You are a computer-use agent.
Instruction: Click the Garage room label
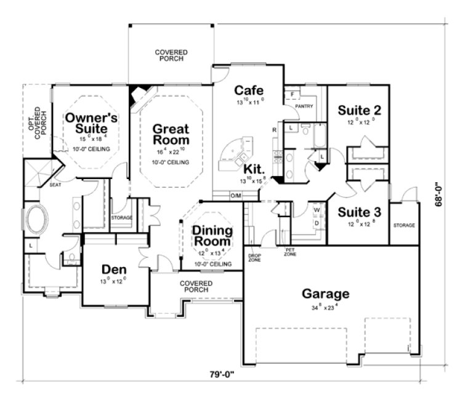coord(325,294)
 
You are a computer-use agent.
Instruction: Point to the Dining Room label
coord(212,236)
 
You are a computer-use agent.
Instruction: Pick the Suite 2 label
coord(360,110)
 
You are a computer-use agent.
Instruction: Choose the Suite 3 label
coord(360,212)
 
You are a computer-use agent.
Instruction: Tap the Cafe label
coord(249,91)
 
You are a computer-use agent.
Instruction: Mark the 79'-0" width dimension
coord(220,374)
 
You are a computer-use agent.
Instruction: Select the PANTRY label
coord(304,106)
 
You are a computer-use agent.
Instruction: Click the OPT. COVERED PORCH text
coord(36,126)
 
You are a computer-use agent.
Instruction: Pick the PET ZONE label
coord(289,252)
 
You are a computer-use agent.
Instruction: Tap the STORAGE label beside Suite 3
coord(403,225)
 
